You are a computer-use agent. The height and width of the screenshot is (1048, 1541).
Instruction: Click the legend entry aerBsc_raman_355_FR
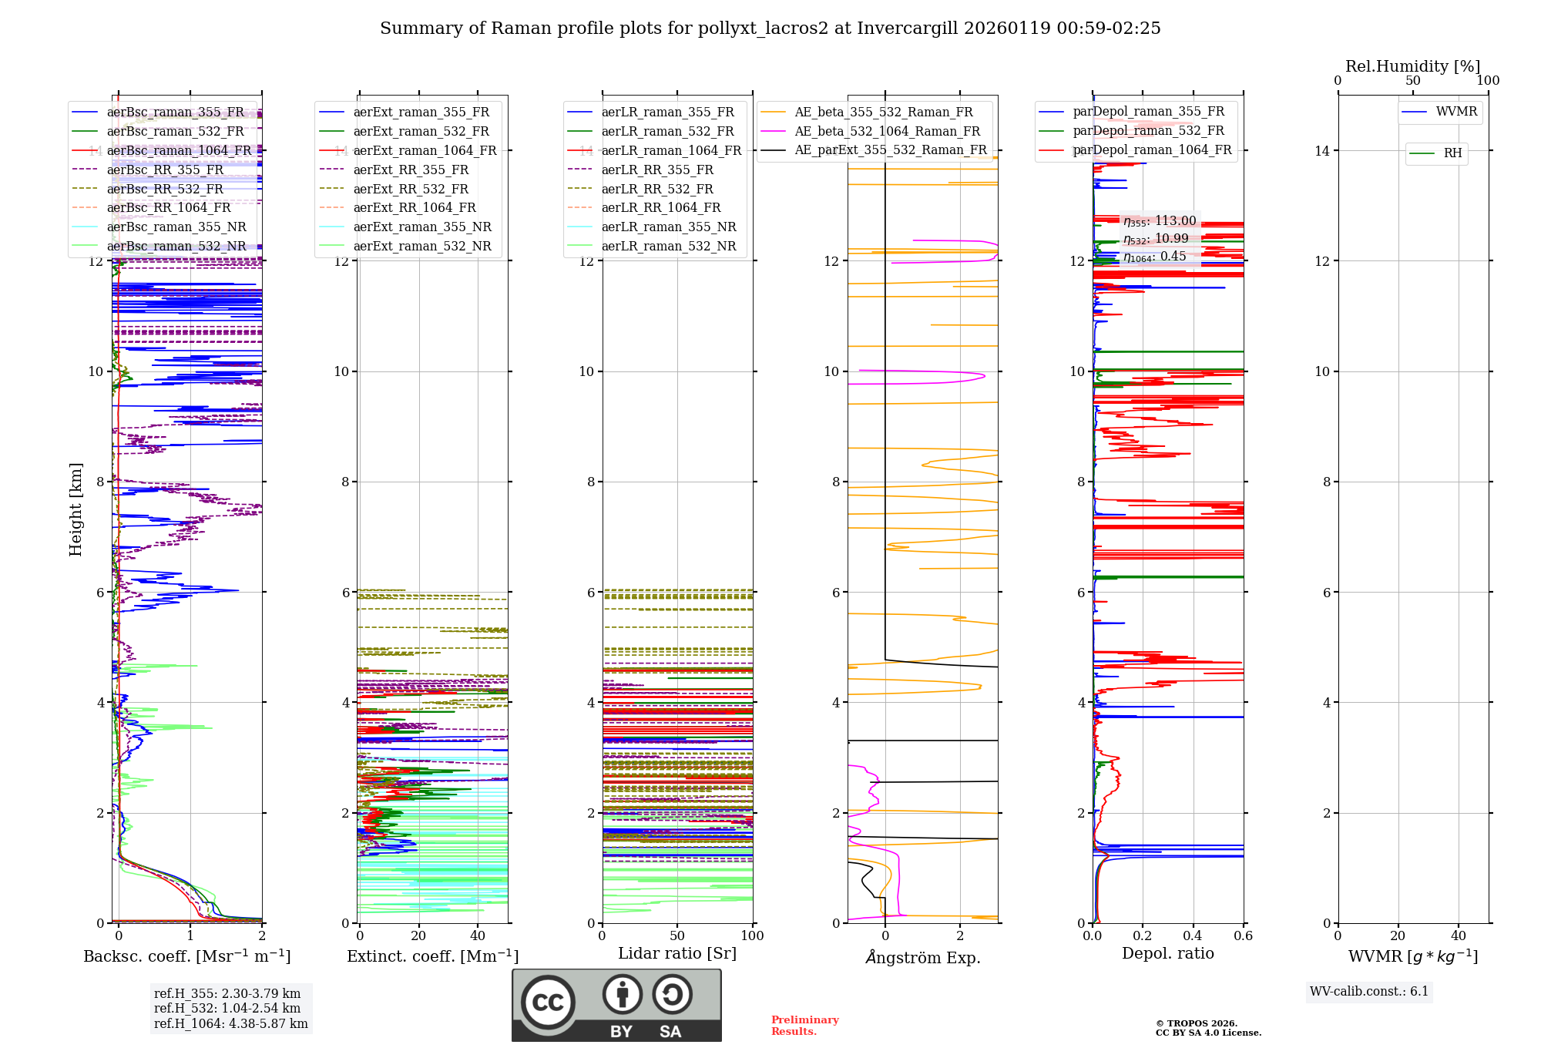tap(175, 113)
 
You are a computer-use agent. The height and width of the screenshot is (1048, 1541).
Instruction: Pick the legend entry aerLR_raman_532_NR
tap(668, 247)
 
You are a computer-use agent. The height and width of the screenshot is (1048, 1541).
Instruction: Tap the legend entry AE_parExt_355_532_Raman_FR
tap(890, 150)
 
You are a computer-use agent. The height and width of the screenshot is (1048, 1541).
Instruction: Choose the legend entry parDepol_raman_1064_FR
tap(1152, 150)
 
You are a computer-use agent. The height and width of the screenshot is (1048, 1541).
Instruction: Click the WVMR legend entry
tap(1456, 112)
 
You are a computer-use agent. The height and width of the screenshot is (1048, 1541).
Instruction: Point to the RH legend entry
tap(1452, 153)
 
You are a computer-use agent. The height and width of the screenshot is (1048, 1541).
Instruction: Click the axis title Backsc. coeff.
tap(186, 956)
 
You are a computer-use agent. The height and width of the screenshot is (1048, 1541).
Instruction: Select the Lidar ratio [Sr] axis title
tap(677, 953)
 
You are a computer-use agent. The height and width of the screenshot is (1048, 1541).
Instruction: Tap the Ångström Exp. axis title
tap(923, 957)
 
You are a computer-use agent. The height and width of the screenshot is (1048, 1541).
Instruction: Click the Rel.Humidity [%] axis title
tap(1412, 66)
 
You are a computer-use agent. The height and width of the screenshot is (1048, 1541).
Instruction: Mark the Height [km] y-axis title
tap(76, 509)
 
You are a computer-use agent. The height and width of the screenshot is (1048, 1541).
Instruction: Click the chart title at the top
tap(770, 29)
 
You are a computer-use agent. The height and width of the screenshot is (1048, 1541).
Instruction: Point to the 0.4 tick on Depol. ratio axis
tap(1193, 936)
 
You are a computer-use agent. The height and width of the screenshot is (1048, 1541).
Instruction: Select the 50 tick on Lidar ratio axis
tap(677, 936)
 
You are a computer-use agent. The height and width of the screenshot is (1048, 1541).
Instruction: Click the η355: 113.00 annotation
tap(1160, 221)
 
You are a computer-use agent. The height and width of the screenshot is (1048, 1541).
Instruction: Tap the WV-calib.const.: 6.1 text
tap(1369, 992)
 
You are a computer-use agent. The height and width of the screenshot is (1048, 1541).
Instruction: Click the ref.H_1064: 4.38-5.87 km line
tap(230, 1024)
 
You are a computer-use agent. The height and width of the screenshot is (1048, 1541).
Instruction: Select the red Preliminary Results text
tap(804, 1026)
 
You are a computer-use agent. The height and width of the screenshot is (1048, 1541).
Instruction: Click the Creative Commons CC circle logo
tap(548, 1003)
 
